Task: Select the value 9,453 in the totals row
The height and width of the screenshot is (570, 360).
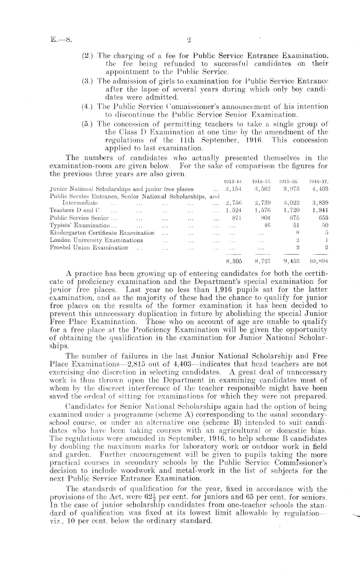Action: click(x=291, y=260)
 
